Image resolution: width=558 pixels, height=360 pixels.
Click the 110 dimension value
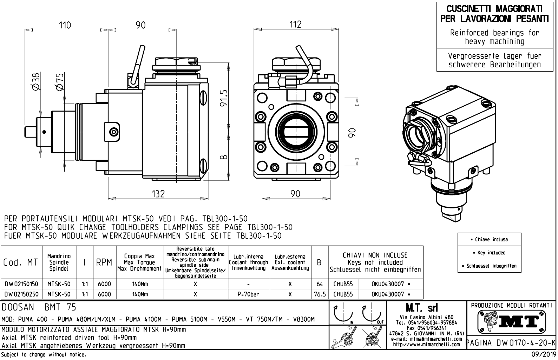(65, 25)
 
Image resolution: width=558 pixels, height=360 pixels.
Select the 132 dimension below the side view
(158, 193)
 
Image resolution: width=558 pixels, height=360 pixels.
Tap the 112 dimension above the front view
(295, 24)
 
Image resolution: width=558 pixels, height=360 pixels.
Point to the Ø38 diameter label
(37, 81)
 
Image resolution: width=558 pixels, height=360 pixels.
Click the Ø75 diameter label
(60, 81)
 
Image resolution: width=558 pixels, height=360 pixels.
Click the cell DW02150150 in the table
(21, 284)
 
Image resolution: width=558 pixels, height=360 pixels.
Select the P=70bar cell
(248, 294)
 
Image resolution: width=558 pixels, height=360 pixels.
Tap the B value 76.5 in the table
(320, 294)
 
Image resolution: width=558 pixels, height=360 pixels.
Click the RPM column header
(104, 262)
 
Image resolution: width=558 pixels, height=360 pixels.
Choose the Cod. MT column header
(21, 262)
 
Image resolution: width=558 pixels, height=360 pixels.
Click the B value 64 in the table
(319, 284)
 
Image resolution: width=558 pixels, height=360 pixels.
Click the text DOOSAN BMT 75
(39, 308)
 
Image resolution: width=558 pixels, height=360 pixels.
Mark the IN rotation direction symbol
(343, 314)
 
